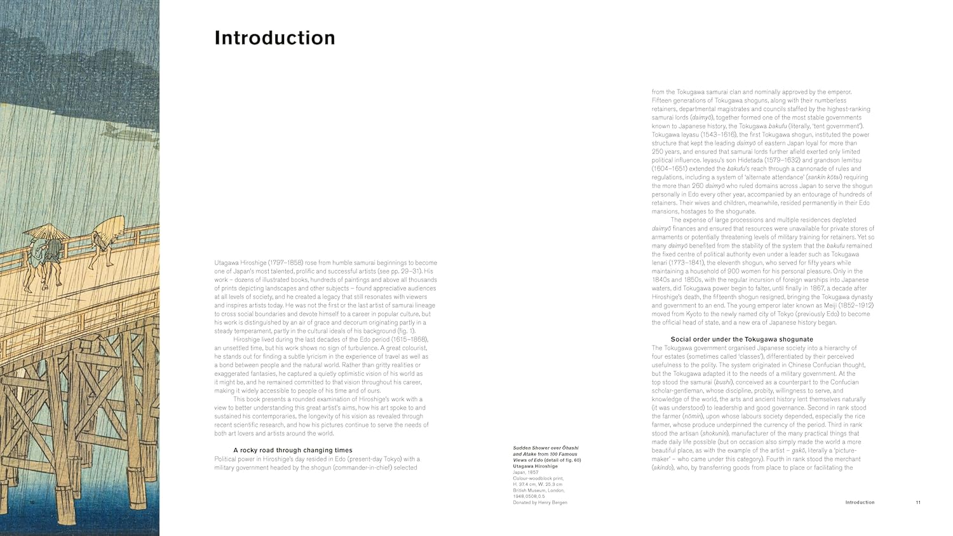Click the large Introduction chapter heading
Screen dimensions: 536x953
(x=274, y=38)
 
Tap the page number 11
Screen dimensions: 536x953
(x=918, y=502)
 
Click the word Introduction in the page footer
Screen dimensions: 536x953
(x=860, y=502)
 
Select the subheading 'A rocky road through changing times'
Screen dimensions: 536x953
(x=292, y=450)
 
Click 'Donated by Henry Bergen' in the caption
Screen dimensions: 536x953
(x=540, y=502)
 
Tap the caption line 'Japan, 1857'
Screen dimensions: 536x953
(x=525, y=472)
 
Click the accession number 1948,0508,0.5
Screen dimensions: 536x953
(x=529, y=496)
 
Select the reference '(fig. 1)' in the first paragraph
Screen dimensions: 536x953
(x=403, y=331)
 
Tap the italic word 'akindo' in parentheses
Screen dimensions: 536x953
(x=662, y=467)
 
